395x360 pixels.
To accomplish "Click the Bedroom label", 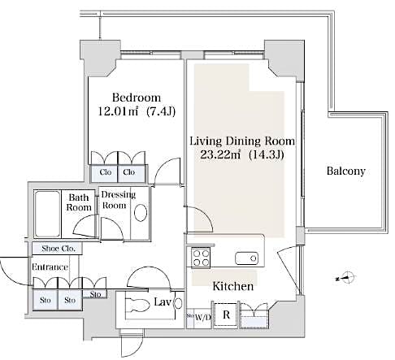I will tap(129, 95).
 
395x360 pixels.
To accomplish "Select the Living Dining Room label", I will tap(241, 141).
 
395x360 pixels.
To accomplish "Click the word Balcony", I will tap(345, 171).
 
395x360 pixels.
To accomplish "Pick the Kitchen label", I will tap(232, 286).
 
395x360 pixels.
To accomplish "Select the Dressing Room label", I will tap(118, 200).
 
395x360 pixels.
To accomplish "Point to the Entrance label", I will tap(49, 267).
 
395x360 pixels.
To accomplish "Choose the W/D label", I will tap(202, 316).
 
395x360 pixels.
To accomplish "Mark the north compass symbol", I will tap(345, 277).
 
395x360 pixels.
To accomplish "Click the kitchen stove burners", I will tap(200, 258).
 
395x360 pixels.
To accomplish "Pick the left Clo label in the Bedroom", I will tap(106, 172).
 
